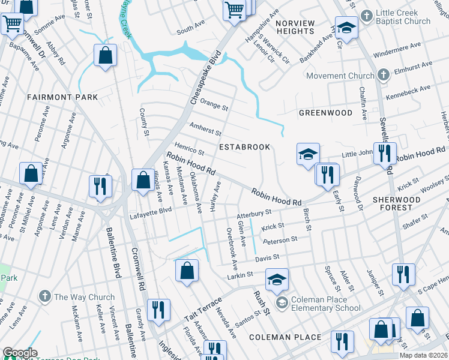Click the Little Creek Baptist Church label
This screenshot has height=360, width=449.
403,17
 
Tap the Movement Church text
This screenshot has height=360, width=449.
340,76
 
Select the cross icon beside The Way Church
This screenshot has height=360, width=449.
44,296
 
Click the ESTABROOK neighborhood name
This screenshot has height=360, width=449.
244,147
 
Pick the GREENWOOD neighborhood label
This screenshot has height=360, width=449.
325,113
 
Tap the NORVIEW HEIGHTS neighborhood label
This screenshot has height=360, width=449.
295,27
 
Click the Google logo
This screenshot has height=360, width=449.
20,353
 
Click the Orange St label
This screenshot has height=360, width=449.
214,105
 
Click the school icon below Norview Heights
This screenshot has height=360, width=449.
346,28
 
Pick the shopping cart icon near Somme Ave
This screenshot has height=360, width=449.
12,24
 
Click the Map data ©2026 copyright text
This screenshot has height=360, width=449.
424,355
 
